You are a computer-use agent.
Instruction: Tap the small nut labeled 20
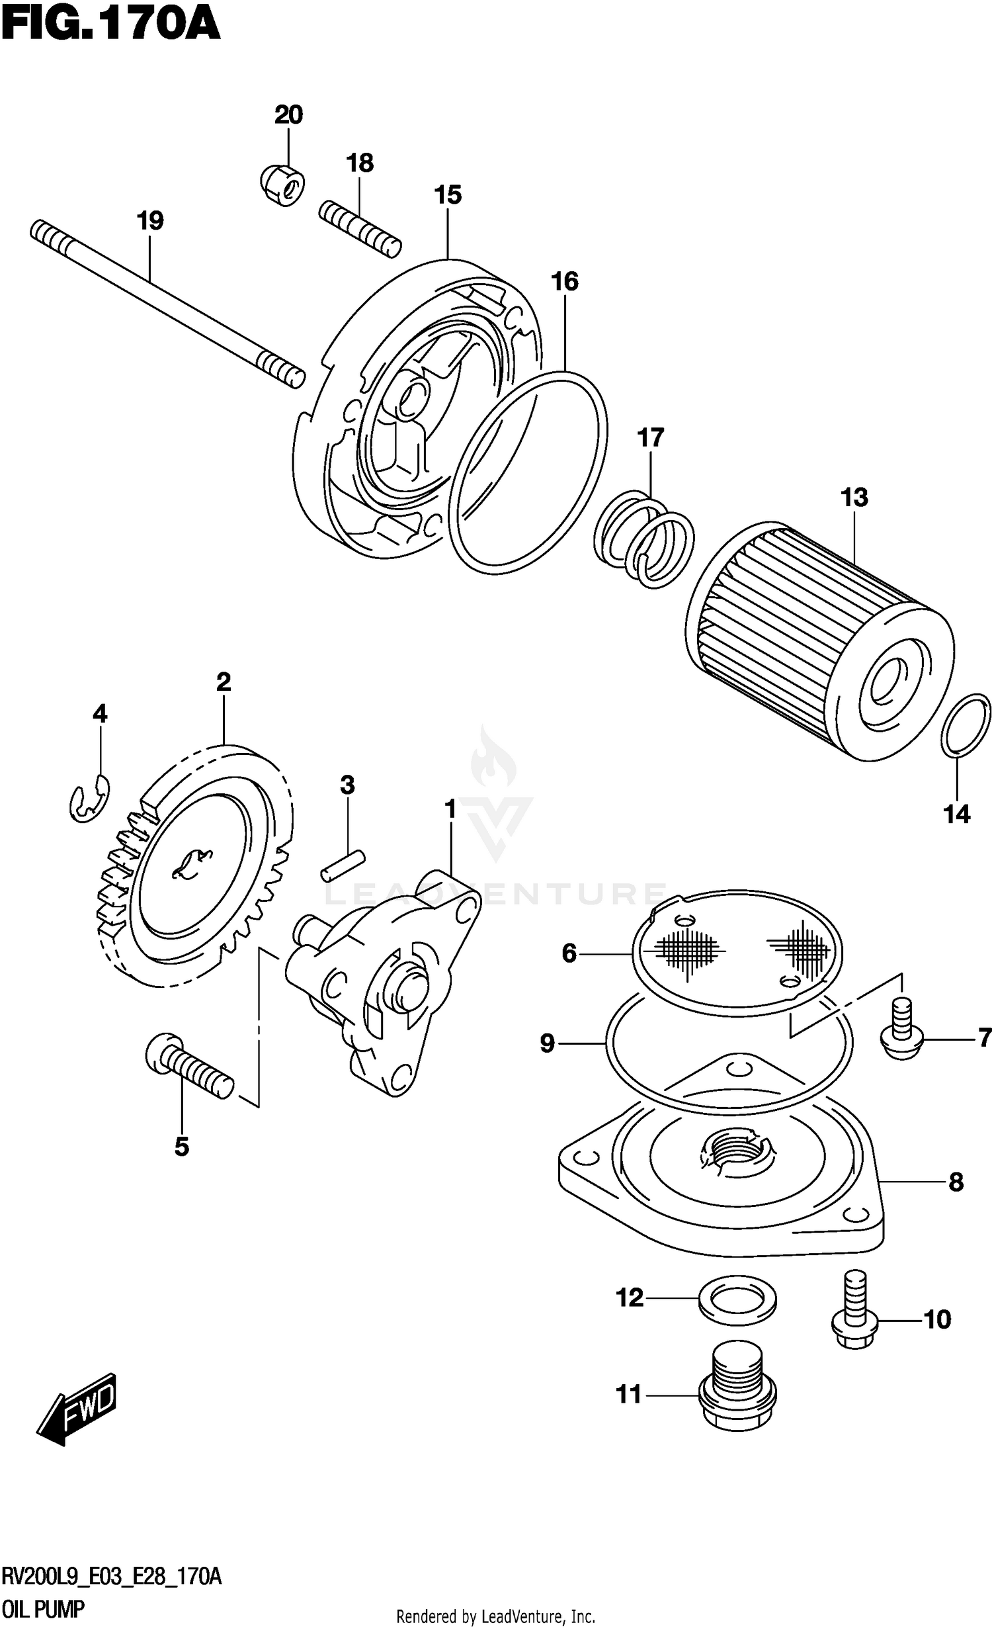pyautogui.click(x=280, y=184)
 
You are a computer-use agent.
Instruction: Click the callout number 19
pyautogui.click(x=150, y=220)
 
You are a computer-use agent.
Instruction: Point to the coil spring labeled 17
pyautogui.click(x=644, y=539)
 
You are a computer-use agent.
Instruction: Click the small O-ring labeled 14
pyautogui.click(x=966, y=725)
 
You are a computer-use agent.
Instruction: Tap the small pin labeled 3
pyautogui.click(x=343, y=865)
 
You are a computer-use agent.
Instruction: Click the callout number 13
pyautogui.click(x=854, y=497)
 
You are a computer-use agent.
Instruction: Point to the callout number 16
pyautogui.click(x=565, y=281)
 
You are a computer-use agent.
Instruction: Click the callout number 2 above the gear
pyautogui.click(x=223, y=682)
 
